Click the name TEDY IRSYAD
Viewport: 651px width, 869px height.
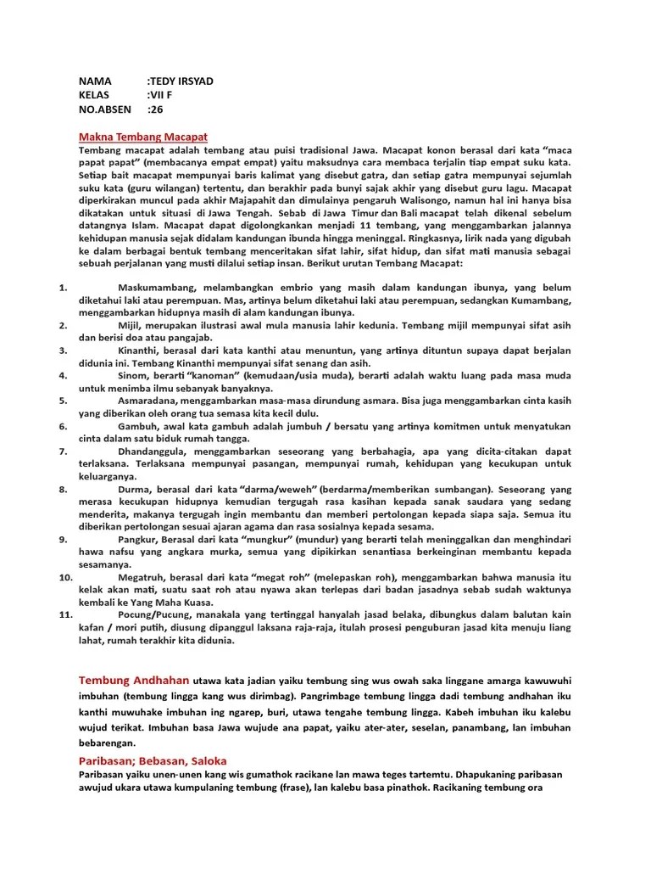click(181, 81)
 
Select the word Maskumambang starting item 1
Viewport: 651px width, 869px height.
click(158, 288)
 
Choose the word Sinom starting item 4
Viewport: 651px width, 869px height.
click(134, 375)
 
